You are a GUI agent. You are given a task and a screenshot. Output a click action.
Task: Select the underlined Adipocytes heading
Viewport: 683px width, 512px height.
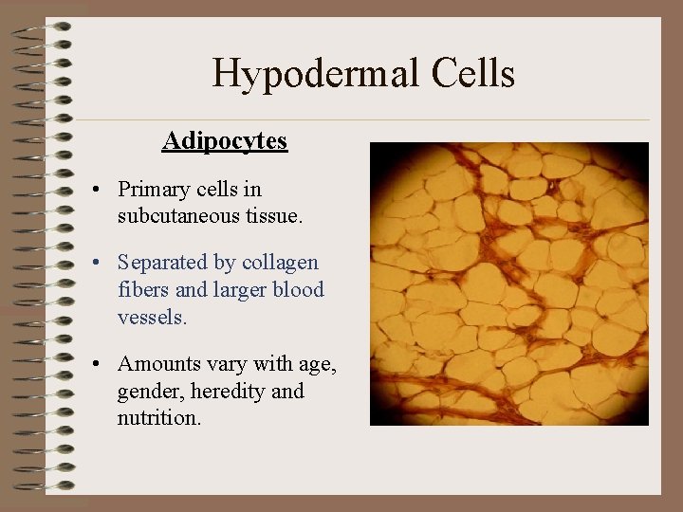pyautogui.click(x=225, y=141)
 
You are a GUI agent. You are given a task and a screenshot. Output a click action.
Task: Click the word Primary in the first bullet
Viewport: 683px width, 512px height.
pyautogui.click(x=156, y=190)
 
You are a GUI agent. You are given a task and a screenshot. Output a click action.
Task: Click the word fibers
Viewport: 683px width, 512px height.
pyautogui.click(x=144, y=289)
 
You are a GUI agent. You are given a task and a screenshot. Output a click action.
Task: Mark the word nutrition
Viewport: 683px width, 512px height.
pyautogui.click(x=158, y=417)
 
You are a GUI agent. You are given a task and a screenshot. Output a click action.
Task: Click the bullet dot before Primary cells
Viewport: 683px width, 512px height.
pyautogui.click(x=98, y=191)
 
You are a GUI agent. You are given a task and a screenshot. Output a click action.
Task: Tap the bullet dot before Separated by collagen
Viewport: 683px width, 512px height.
pyautogui.click(x=98, y=264)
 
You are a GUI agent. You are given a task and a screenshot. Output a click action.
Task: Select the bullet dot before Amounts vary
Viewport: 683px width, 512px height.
pyautogui.click(x=98, y=365)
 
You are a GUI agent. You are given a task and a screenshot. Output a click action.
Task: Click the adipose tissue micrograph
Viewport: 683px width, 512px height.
pyautogui.click(x=508, y=283)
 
